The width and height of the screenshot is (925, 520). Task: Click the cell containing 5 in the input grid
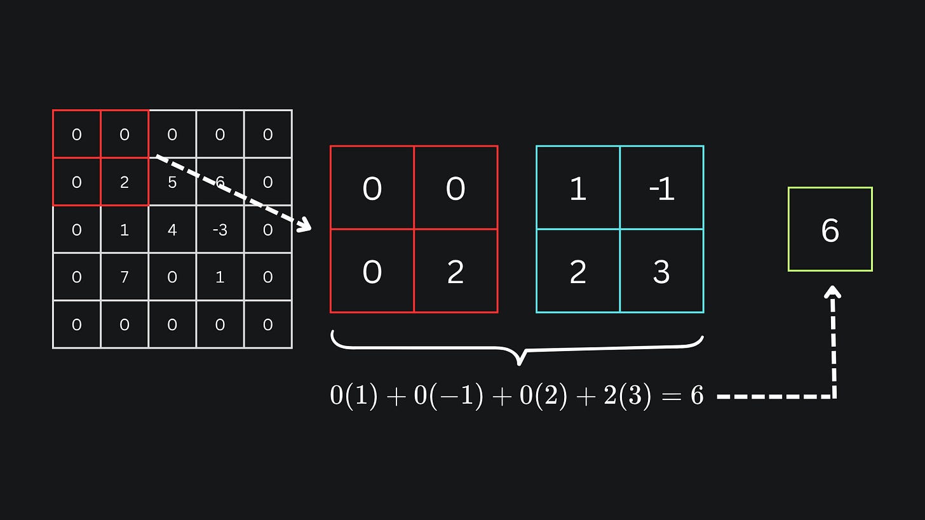pos(172,182)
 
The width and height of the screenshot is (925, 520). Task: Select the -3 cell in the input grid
pos(220,230)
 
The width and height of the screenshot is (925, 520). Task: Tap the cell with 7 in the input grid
pos(125,277)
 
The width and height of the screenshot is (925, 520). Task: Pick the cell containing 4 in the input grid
pos(172,230)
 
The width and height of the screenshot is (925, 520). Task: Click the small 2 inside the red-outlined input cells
pos(125,182)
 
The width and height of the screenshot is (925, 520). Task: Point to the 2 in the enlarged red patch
pos(456,272)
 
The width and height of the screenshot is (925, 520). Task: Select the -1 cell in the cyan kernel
pos(661,189)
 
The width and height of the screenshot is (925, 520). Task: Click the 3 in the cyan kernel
pos(661,272)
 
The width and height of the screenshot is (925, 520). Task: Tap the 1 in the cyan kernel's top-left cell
pos(577,189)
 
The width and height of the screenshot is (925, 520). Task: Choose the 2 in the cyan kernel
pos(577,272)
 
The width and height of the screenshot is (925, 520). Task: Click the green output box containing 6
pos(830,229)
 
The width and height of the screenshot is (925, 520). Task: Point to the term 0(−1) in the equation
pos(448,396)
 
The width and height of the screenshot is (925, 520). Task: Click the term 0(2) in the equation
pos(543,396)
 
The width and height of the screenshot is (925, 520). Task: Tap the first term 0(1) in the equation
pos(354,396)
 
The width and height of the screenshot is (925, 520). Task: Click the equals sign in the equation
pos(670,396)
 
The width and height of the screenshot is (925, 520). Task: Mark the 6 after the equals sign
pos(697,396)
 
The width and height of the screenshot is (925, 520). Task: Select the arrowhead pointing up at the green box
pos(832,291)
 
